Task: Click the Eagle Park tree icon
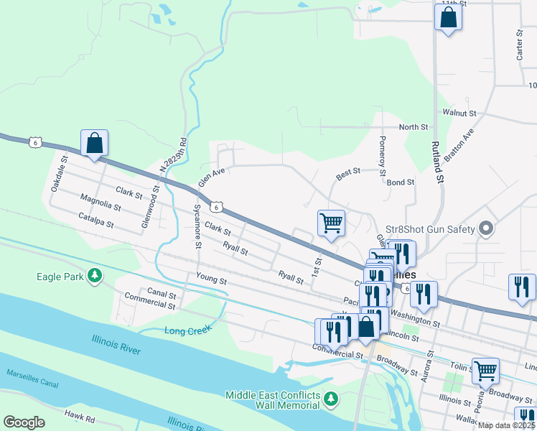click(94, 276)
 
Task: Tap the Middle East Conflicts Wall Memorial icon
click(330, 398)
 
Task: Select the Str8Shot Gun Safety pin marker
click(486, 229)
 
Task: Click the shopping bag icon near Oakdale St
click(95, 143)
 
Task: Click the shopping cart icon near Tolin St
click(486, 371)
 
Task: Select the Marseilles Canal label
click(32, 378)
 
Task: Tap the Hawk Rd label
click(79, 414)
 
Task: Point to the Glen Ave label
click(211, 177)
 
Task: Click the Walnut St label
click(459, 113)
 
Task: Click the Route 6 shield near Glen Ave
click(215, 207)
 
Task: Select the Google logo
click(24, 422)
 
